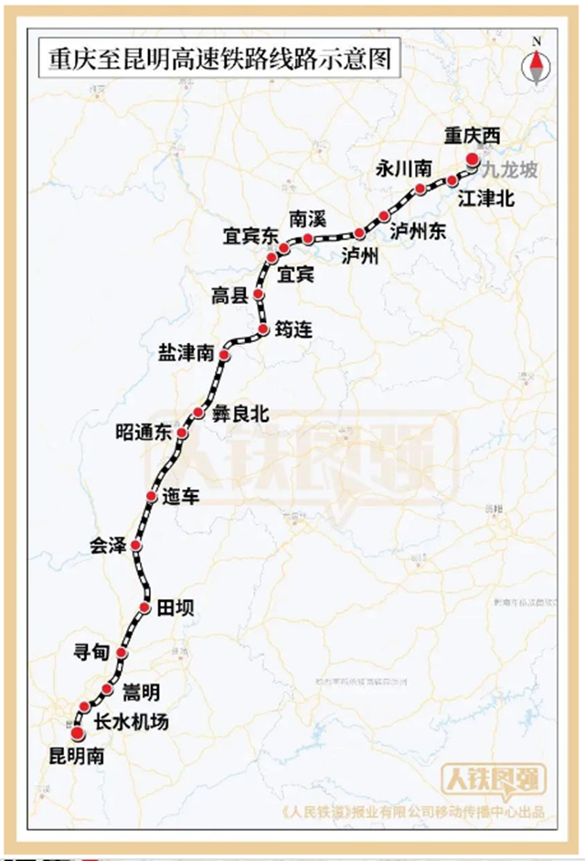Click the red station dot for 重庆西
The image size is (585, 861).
(473, 157)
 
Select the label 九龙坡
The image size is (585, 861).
(510, 168)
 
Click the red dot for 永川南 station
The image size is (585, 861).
(420, 189)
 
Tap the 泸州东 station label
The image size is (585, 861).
(418, 231)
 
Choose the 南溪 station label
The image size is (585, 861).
(307, 220)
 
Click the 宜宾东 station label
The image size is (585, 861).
(250, 235)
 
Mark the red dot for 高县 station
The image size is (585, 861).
(259, 295)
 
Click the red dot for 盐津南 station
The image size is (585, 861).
(224, 350)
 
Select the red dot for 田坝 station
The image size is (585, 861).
(144, 608)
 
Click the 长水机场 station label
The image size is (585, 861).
(132, 722)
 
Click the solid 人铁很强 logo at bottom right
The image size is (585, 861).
(495, 779)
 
